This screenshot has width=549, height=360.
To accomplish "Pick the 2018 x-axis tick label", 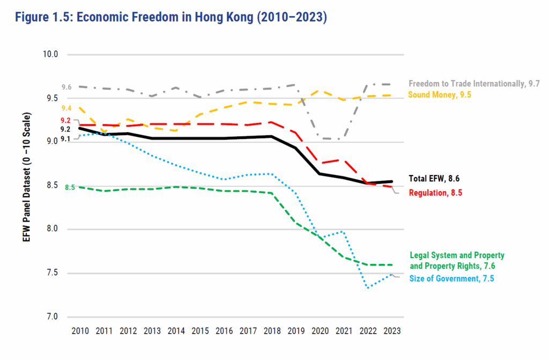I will [272, 332].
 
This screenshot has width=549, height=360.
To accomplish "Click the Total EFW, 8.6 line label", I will [434, 179].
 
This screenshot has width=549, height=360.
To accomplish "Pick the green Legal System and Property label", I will [457, 260].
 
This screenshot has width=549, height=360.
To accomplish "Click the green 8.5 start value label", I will [70, 187].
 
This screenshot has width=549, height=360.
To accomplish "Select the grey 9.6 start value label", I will [66, 87].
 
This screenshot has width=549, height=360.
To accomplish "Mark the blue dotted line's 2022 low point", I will [368, 288].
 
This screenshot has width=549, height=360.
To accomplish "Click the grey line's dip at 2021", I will [344, 139].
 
